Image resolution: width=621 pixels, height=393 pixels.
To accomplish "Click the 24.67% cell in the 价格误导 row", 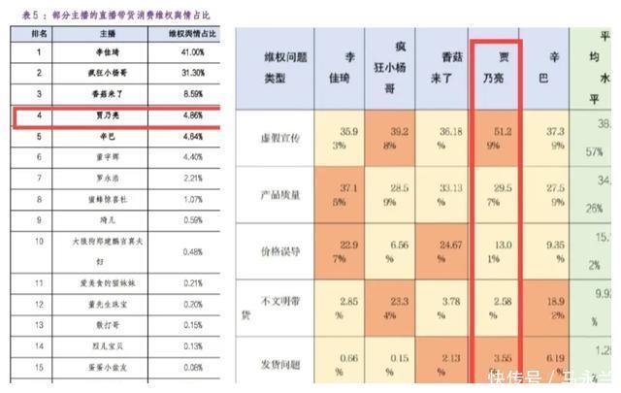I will [442, 253].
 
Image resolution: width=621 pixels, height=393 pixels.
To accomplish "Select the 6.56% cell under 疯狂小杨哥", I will [390, 253].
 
